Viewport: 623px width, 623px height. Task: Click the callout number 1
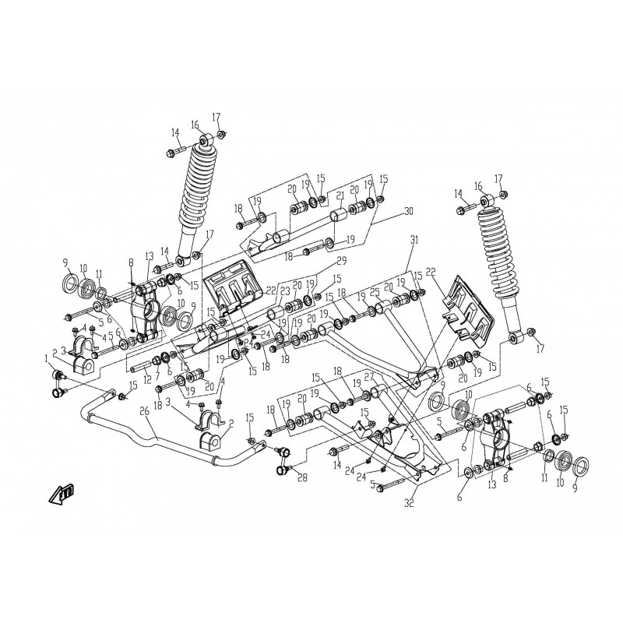[46, 358]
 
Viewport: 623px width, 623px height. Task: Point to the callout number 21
[340, 195]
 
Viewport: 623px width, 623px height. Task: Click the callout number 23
[285, 291]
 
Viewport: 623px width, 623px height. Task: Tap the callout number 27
[371, 375]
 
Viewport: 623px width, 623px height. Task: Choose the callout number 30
[408, 210]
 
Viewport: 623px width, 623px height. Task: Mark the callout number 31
[413, 241]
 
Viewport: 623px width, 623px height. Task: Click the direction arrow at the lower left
[60, 495]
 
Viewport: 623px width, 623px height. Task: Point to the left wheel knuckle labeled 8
[146, 308]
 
